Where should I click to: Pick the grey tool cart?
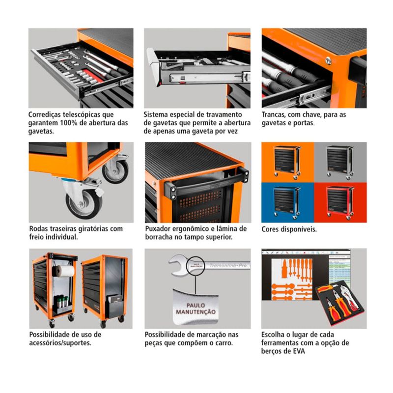coord(340,163)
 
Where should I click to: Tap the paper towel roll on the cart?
coord(65,271)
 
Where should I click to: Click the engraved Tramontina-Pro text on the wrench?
coord(228,265)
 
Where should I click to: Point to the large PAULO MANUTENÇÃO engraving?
coord(196,309)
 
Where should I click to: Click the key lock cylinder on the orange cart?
coord(328,60)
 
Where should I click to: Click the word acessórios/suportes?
coord(60,343)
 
